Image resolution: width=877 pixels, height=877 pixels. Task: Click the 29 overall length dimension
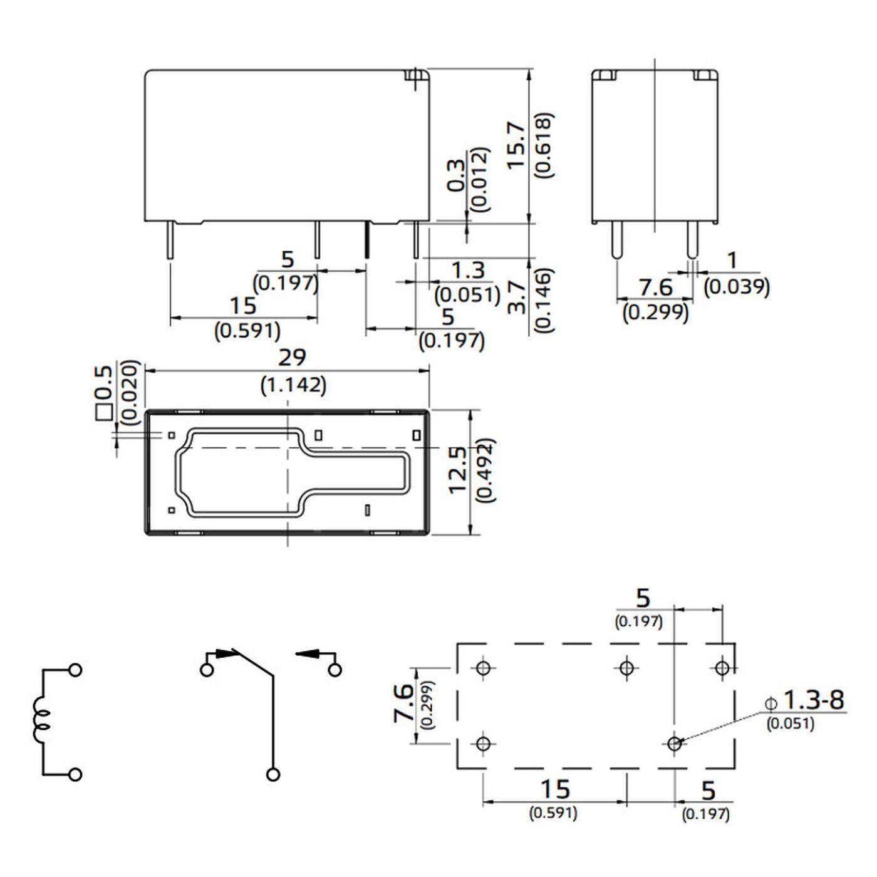tap(293, 358)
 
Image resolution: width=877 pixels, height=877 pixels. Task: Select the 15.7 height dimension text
tap(516, 145)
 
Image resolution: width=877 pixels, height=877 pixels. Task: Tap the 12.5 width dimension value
tap(459, 470)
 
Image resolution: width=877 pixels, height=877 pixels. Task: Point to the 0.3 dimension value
tap(457, 175)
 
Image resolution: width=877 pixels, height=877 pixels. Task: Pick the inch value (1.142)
tap(293, 385)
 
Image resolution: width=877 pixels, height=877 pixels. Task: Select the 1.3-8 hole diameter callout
tap(813, 700)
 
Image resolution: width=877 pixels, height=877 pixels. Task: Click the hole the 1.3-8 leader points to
tap(674, 744)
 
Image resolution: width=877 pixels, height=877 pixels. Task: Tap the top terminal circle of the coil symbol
tap(75, 670)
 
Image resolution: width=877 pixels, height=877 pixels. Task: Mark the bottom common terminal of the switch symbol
tap(272, 775)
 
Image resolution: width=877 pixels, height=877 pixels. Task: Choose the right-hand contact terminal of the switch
tap(335, 670)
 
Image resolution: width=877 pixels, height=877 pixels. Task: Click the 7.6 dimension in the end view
tap(655, 288)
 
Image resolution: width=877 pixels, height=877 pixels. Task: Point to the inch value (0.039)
tap(737, 287)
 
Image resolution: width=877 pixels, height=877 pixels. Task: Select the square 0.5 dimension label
tap(103, 392)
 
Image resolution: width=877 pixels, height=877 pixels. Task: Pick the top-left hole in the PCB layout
tap(482, 668)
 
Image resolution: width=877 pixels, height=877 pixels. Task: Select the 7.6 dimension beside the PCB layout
tap(404, 703)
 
